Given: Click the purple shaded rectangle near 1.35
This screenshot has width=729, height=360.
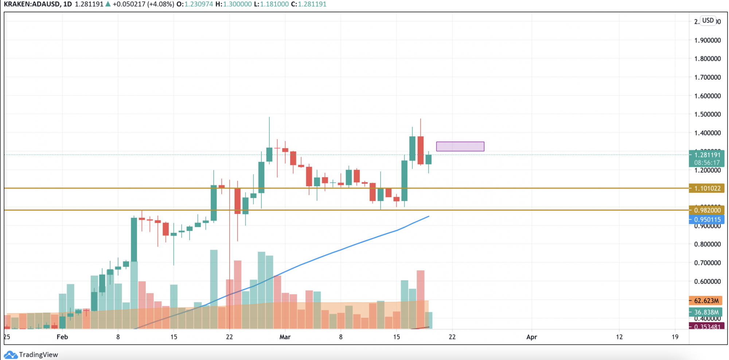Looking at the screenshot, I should coord(460,146).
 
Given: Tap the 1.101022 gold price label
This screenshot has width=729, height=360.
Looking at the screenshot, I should coord(706,188).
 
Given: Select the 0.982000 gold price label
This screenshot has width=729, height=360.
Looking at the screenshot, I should coord(706,210).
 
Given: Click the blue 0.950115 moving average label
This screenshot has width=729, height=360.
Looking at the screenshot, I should coord(706,220).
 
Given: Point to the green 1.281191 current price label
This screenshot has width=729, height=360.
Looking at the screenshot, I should coord(706,155).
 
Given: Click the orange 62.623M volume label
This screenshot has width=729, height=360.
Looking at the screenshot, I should coord(706,301).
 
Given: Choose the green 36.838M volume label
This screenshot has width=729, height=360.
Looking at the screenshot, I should coord(706,312).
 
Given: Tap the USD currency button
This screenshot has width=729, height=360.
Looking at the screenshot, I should coord(708,20).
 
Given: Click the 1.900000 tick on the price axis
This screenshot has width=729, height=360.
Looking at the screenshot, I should coord(707,40).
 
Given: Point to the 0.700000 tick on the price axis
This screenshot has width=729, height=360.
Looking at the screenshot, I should coord(707,263).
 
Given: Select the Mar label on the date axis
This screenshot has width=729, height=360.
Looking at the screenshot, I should coord(285,337).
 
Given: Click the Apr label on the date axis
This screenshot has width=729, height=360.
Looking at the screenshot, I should coord(531,337).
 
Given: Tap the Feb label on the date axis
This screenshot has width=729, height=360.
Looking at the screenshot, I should coord(62,337).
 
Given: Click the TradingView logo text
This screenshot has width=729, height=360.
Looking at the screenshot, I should coord(38,355).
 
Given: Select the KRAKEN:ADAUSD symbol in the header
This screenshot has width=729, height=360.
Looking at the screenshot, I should coord(32,4).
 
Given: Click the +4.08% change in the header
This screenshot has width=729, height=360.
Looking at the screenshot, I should coord(160,4).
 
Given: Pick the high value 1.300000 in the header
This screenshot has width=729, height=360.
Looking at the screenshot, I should coord(237,4).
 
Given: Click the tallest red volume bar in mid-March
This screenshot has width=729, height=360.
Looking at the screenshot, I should coord(420,299).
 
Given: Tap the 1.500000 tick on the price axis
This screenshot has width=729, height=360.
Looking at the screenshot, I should coord(707,114).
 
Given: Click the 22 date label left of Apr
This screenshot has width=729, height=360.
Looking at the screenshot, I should coord(452,337).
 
